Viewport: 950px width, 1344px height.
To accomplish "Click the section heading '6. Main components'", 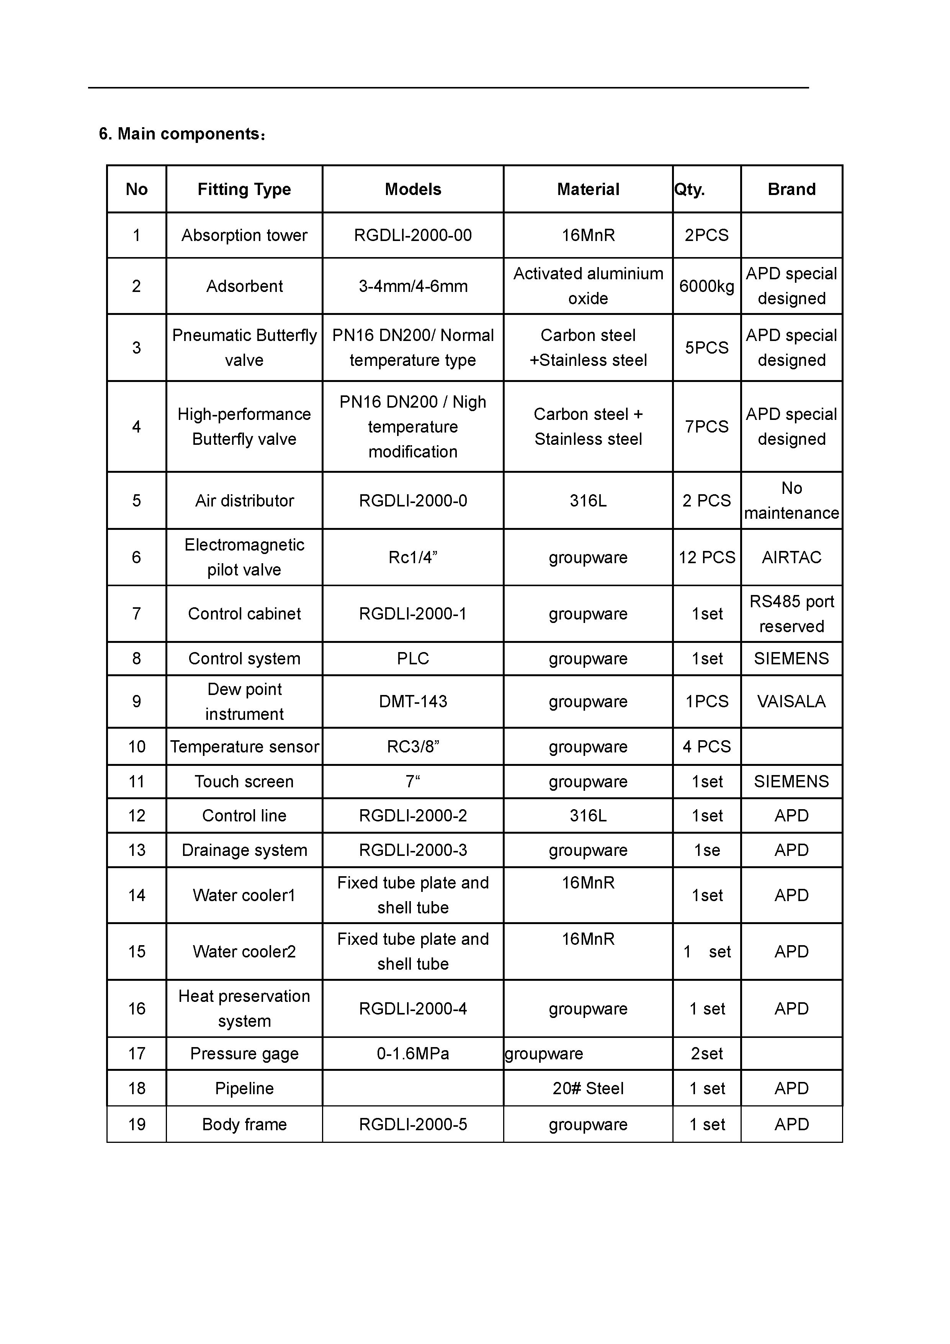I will (x=182, y=134).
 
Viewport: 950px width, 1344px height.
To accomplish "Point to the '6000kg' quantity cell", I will (x=706, y=286).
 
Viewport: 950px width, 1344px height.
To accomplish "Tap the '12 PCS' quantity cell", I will (x=706, y=557).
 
